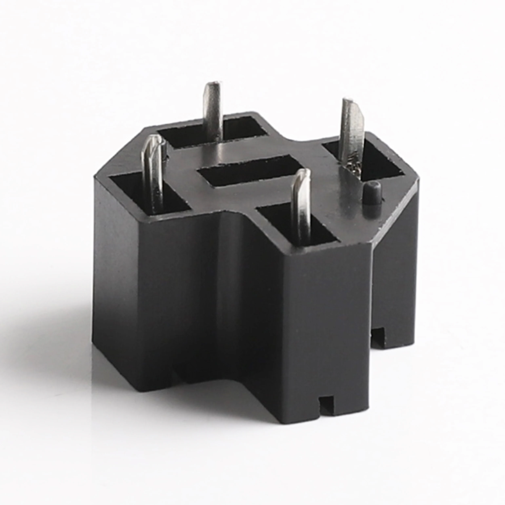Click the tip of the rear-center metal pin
[x=212, y=85]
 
